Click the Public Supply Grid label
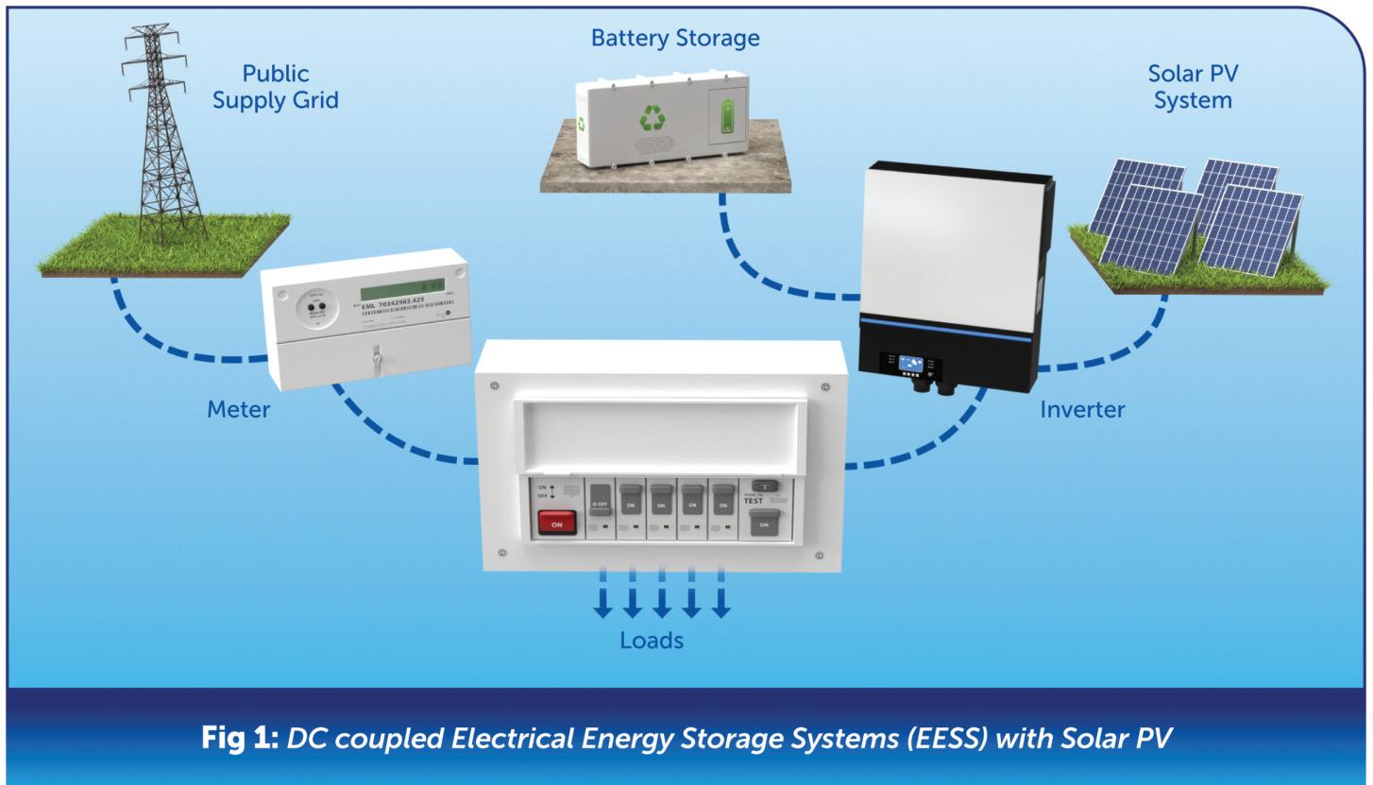[x=275, y=87]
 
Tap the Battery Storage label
[x=674, y=39]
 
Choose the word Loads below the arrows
[x=651, y=640]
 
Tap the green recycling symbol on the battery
[x=653, y=118]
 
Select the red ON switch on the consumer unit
[x=556, y=522]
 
